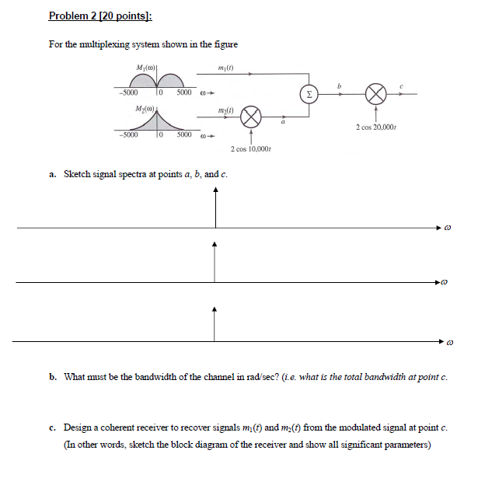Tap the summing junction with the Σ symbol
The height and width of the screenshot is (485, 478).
309,93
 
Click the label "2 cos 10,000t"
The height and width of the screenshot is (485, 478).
250,148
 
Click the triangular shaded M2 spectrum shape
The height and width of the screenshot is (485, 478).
159,123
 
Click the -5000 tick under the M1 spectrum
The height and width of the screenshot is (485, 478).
129,92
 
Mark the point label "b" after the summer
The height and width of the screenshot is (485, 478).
338,83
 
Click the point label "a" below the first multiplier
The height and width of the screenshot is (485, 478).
284,123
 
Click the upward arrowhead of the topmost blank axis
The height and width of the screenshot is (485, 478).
215,191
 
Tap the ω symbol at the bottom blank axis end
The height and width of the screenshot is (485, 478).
448,341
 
